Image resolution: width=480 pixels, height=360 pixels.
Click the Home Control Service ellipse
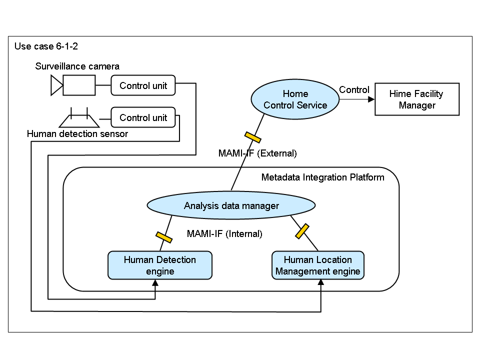(295, 99)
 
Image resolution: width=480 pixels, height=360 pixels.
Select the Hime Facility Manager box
(416, 99)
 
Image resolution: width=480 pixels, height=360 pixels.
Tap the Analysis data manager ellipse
(231, 205)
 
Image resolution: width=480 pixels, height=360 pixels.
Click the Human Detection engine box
(160, 265)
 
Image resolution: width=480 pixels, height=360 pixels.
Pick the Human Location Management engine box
(318, 265)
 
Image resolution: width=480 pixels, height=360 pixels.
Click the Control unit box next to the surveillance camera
(143, 85)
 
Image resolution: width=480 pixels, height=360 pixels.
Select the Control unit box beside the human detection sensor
(143, 118)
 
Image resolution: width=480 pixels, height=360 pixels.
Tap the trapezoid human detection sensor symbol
(79, 119)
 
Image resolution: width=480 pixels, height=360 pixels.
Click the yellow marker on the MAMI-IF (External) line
(252, 136)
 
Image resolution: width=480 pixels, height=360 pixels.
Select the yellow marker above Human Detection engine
(164, 237)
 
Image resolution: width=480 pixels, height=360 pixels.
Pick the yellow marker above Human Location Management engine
(301, 230)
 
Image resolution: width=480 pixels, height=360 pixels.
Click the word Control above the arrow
(354, 90)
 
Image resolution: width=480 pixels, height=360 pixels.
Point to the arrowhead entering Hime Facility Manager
(371, 99)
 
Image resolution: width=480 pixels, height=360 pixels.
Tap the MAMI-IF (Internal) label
(224, 233)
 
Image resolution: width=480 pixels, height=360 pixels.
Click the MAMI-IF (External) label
(257, 153)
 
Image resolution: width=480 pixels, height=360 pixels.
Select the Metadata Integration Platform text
(323, 177)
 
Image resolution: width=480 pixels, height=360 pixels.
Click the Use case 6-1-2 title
(46, 46)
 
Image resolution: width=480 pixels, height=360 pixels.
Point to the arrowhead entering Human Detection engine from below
(155, 283)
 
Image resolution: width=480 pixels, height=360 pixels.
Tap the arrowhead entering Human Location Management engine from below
(320, 283)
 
